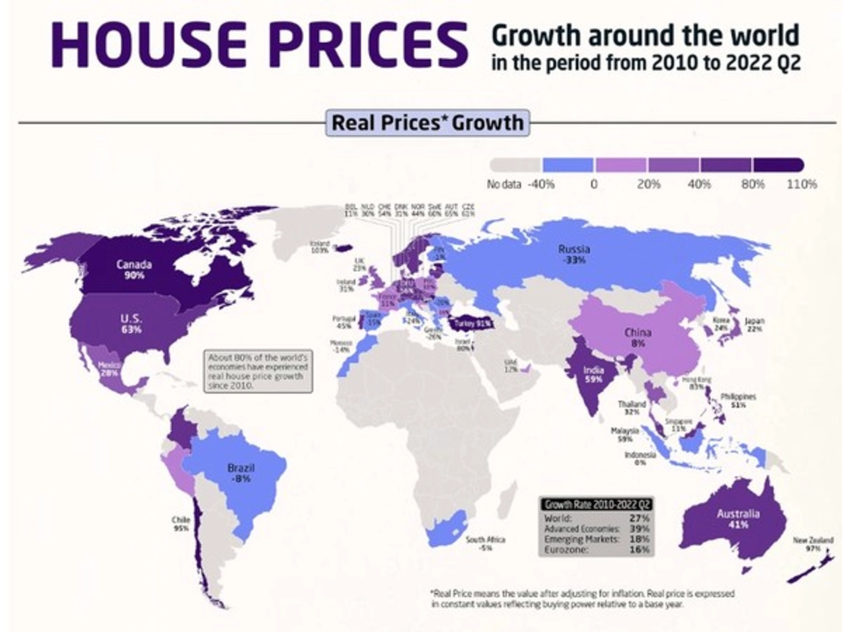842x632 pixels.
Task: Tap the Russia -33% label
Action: click(574, 254)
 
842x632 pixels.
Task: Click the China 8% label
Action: click(638, 339)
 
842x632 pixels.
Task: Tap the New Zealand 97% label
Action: click(813, 544)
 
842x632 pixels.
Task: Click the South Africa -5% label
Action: click(486, 544)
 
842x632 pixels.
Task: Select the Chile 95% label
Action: click(180, 524)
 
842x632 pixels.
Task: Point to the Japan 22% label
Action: click(754, 325)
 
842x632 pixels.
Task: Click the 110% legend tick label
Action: click(801, 185)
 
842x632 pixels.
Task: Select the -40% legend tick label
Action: click(541, 185)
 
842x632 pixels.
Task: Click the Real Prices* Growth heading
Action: click(427, 123)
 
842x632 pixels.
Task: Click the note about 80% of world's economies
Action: click(258, 371)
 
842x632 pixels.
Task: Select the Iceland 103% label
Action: click(320, 246)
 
